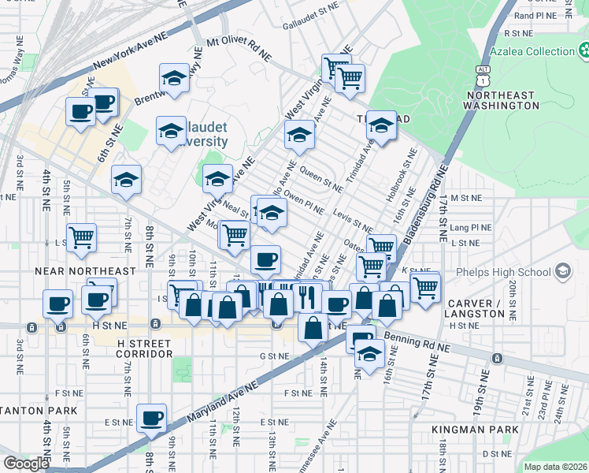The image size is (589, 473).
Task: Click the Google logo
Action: (26, 463)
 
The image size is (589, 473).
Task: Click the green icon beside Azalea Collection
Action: (583, 52)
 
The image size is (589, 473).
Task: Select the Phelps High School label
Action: (511, 273)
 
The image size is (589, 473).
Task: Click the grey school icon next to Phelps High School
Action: (562, 272)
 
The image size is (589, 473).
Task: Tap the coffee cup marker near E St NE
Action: (151, 418)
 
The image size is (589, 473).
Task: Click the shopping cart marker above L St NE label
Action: (82, 236)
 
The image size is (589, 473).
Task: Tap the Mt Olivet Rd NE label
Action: (239, 48)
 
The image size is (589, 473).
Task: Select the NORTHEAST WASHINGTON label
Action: (500, 100)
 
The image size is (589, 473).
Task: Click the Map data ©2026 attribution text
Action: (555, 467)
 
